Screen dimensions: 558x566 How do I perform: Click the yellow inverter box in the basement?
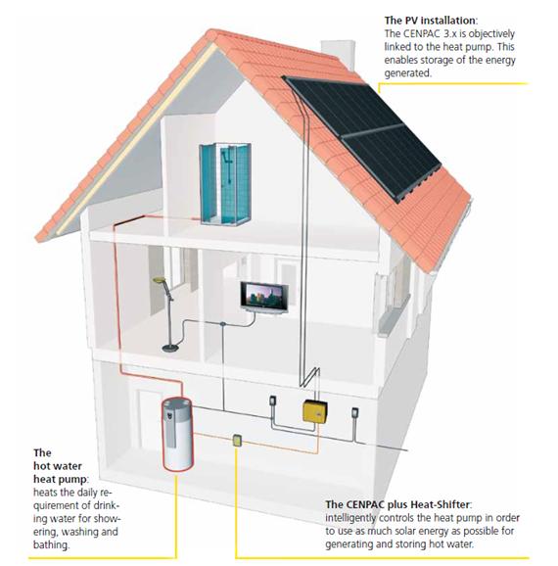pyautogui.click(x=315, y=411)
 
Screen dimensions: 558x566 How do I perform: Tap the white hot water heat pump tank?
pyautogui.click(x=177, y=434)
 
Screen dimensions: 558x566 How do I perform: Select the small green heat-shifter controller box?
pyautogui.click(x=237, y=441)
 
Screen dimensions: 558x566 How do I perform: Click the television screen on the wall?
pyautogui.click(x=264, y=296)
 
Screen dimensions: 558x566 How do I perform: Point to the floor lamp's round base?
pyautogui.click(x=170, y=348)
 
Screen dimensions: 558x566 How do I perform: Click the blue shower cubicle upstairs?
pyautogui.click(x=225, y=184)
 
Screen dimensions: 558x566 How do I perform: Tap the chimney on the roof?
pyautogui.click(x=338, y=54)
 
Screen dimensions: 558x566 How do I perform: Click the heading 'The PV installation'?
pyautogui.click(x=430, y=21)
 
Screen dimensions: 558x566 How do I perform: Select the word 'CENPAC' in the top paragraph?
pyautogui.click(x=420, y=34)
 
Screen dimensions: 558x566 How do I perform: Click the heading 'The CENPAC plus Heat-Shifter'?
pyautogui.click(x=397, y=504)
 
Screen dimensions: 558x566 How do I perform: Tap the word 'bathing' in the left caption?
pyautogui.click(x=50, y=544)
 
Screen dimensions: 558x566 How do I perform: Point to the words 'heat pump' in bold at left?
pyautogui.click(x=60, y=479)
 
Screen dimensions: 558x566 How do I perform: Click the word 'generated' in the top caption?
pyautogui.click(x=407, y=73)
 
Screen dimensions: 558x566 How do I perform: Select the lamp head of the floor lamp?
pyautogui.click(x=159, y=280)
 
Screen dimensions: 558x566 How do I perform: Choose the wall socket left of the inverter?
pyautogui.click(x=273, y=401)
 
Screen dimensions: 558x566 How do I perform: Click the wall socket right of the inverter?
pyautogui.click(x=355, y=412)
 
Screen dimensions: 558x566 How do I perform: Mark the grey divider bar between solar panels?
pyautogui.click(x=372, y=130)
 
